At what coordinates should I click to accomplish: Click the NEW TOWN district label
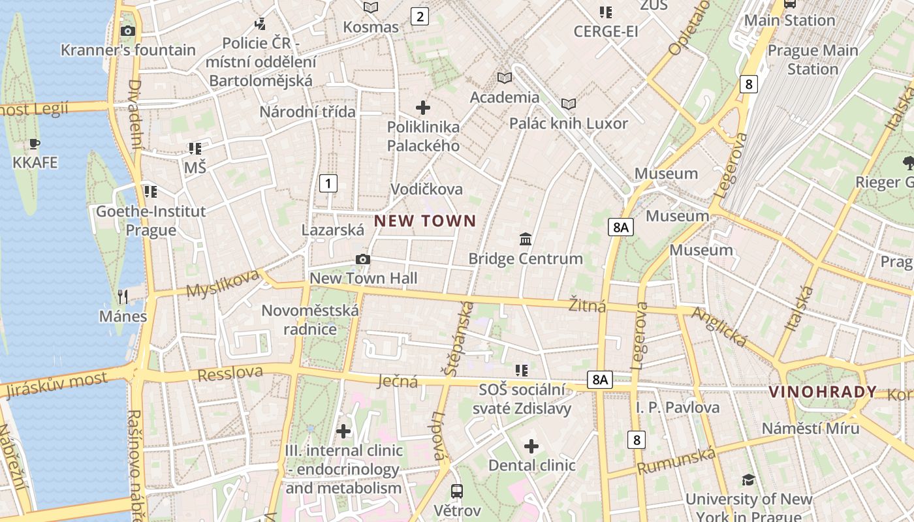tap(425, 221)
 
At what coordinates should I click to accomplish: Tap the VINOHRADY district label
tap(822, 392)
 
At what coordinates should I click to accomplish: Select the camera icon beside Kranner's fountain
tap(128, 31)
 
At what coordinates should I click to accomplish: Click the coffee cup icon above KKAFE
tap(35, 144)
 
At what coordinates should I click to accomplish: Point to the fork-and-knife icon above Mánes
tap(123, 297)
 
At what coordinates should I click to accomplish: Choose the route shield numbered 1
tap(328, 183)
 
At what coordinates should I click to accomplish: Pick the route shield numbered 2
tap(420, 16)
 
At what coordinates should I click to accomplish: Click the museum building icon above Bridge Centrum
tap(526, 239)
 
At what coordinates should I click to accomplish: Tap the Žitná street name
tap(587, 305)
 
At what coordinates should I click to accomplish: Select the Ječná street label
tap(398, 381)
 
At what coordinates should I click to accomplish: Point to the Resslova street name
tap(230, 374)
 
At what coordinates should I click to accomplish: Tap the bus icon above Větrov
tap(457, 491)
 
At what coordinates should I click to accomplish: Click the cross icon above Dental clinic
tap(531, 446)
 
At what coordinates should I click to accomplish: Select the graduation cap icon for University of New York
tap(748, 480)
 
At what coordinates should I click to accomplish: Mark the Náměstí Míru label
tap(811, 429)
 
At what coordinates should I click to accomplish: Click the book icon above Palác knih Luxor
tap(569, 104)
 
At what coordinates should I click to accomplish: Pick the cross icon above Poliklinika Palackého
tap(423, 107)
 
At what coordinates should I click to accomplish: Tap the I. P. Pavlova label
tap(678, 408)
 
